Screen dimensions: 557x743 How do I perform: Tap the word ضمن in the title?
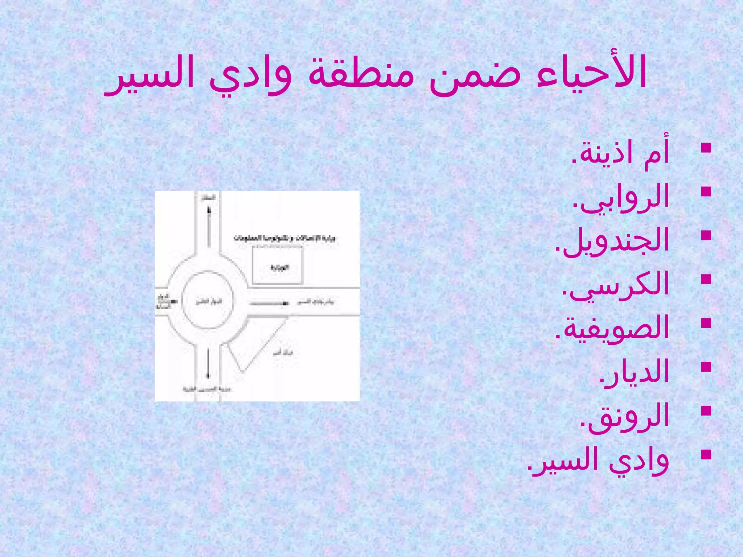(x=475, y=74)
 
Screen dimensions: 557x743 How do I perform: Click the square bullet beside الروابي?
(x=706, y=191)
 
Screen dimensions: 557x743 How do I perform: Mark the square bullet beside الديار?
(x=706, y=367)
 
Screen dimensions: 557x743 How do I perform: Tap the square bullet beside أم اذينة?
(x=706, y=148)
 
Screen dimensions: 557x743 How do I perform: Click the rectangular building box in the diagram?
(x=278, y=265)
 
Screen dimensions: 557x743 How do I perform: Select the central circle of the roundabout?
(x=207, y=300)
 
